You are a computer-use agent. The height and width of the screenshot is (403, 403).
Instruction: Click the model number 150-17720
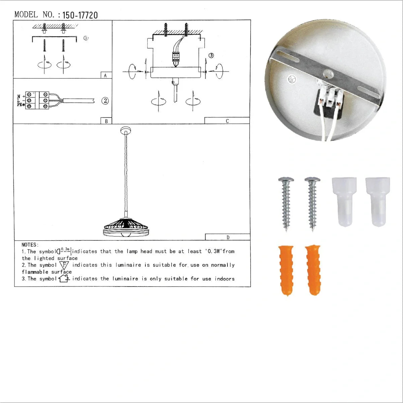[x=80, y=15]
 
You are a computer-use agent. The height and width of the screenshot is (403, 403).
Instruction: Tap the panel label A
[x=105, y=76]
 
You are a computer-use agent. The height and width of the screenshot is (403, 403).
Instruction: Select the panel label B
[x=106, y=121]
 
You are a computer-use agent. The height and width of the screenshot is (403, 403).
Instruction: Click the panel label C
[x=227, y=121]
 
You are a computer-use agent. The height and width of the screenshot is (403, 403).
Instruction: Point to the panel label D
[x=228, y=237]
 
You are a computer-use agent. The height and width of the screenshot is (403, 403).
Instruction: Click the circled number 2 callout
[x=105, y=101]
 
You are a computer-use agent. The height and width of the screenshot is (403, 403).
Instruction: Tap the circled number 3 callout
[x=211, y=55]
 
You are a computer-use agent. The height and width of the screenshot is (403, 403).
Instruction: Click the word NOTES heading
[x=30, y=245]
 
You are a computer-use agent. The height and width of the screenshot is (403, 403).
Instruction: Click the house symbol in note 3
[x=64, y=278]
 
